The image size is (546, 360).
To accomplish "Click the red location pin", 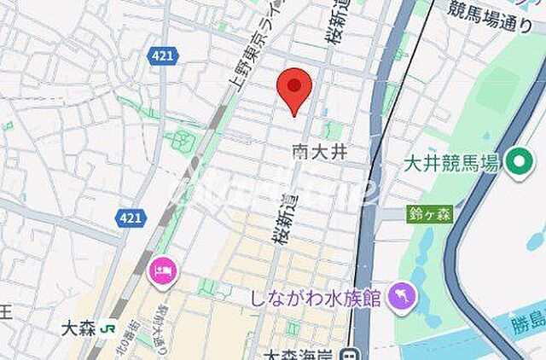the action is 294,89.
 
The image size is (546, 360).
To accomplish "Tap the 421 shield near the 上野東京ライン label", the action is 160,55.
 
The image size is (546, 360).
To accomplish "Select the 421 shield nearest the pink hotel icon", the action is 130,218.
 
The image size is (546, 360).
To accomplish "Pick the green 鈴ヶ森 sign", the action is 430,214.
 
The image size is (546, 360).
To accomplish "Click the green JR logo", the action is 108,327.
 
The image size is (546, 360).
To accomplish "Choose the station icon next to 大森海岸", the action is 349,354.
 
